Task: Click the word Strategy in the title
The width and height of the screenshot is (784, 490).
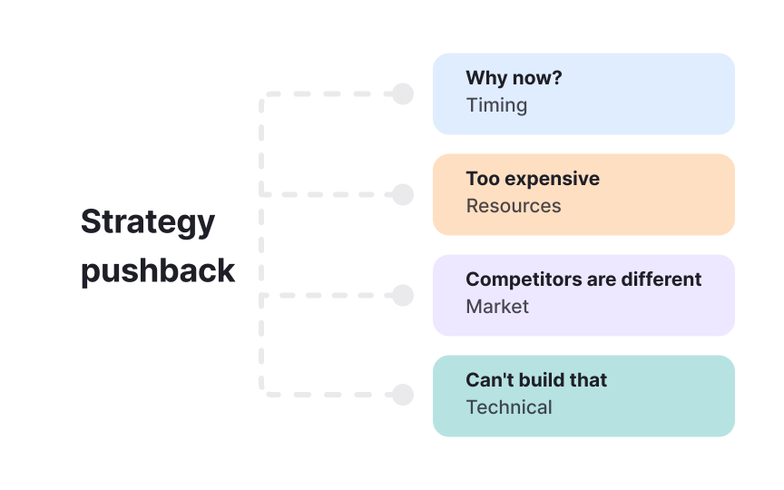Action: pyautogui.click(x=148, y=221)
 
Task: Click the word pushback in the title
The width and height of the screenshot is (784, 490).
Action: pyautogui.click(x=158, y=270)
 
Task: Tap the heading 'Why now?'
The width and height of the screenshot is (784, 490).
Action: pyautogui.click(x=514, y=78)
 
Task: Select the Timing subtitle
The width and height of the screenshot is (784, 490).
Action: pyautogui.click(x=496, y=105)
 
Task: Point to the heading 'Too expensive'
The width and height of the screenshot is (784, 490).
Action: pyautogui.click(x=533, y=179)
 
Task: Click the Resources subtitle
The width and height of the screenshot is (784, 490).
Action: pyautogui.click(x=514, y=206)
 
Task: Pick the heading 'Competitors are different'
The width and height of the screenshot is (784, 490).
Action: pyautogui.click(x=583, y=279)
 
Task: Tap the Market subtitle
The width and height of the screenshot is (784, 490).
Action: pyautogui.click(x=497, y=307)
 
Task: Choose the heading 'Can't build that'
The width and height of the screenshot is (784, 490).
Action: pyautogui.click(x=536, y=380)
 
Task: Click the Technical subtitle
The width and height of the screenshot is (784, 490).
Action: pyautogui.click(x=509, y=407)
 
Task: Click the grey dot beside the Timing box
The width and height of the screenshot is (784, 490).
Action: pyautogui.click(x=403, y=94)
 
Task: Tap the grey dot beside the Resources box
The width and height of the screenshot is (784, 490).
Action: pyautogui.click(x=403, y=194)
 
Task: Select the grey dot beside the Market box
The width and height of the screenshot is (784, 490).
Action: pyautogui.click(x=403, y=295)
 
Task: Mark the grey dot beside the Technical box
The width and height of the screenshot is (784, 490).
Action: pyautogui.click(x=403, y=395)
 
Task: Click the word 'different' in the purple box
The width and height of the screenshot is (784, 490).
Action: pyautogui.click(x=661, y=279)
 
